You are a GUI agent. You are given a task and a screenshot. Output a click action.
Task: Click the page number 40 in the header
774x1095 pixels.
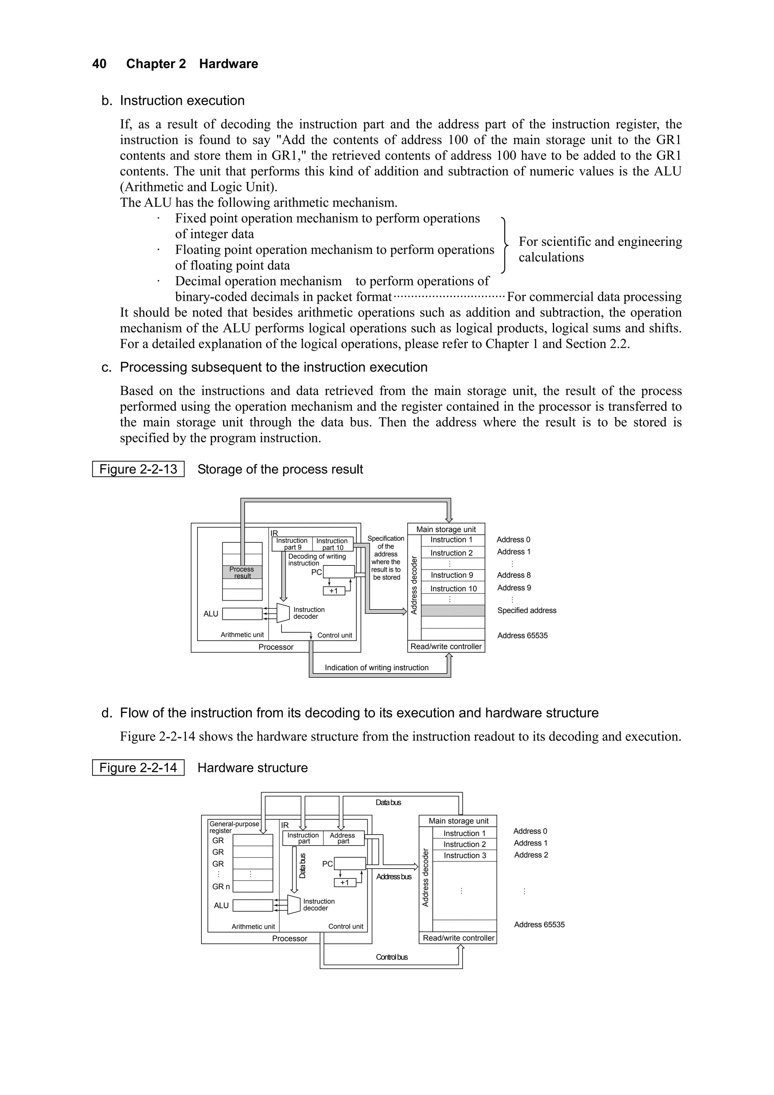tap(99, 64)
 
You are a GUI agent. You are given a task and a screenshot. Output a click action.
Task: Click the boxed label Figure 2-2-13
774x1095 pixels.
tap(138, 469)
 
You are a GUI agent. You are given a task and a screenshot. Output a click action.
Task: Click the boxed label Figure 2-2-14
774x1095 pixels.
tap(138, 768)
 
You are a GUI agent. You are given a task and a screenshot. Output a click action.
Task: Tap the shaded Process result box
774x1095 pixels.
tap(242, 572)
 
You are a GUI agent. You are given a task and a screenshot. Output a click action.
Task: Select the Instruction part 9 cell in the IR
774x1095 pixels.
tap(292, 544)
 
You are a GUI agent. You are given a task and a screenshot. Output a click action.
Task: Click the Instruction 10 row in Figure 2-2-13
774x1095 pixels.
tap(453, 589)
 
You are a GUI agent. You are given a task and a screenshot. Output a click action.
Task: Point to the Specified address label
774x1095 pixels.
tap(526, 610)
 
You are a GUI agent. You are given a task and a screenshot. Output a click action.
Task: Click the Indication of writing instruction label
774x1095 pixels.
tap(377, 668)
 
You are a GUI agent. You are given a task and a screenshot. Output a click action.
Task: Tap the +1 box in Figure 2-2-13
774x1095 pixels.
tap(333, 591)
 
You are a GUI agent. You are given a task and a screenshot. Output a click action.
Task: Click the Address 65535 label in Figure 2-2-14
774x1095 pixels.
tap(539, 924)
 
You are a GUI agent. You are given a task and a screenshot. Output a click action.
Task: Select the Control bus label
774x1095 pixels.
tap(392, 957)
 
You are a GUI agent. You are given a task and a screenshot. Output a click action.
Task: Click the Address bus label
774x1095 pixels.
tap(393, 877)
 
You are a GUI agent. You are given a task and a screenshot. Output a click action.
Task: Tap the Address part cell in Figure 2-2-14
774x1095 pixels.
tap(343, 838)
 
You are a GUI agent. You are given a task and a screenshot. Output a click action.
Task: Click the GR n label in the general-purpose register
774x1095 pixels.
tap(221, 887)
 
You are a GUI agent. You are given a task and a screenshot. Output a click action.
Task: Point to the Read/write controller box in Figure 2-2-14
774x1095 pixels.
tap(458, 938)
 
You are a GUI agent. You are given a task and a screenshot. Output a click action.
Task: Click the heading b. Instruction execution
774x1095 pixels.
tap(182, 101)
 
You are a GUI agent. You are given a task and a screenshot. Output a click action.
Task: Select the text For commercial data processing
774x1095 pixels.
tap(594, 297)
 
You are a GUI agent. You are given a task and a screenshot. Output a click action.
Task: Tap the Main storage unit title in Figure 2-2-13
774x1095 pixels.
tap(446, 529)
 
